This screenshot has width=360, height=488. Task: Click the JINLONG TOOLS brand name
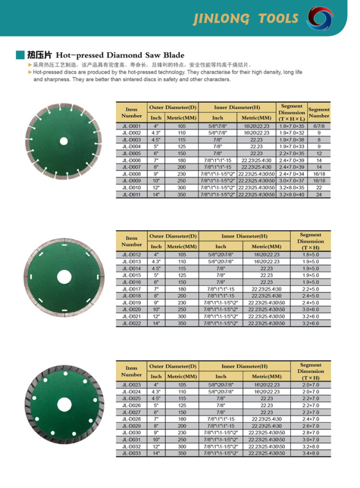tap(245, 18)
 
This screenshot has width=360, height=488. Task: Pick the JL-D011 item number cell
tap(131, 194)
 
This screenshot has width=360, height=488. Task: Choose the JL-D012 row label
tap(131, 254)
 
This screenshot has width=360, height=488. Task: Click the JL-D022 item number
tap(131, 323)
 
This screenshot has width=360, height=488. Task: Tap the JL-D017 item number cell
tap(131, 289)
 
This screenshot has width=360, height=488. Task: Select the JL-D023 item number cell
tap(131, 385)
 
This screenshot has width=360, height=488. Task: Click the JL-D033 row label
tap(131, 453)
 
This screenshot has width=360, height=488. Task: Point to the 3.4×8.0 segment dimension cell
tap(310, 453)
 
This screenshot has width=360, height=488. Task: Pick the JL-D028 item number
tap(131, 419)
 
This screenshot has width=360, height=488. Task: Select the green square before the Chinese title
tap(20, 56)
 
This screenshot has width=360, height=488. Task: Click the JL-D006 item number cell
tap(131, 160)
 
